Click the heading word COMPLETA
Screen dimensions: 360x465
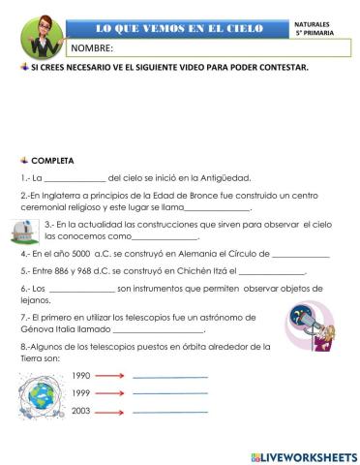(x=52, y=159)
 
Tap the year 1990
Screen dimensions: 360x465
(x=81, y=376)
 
